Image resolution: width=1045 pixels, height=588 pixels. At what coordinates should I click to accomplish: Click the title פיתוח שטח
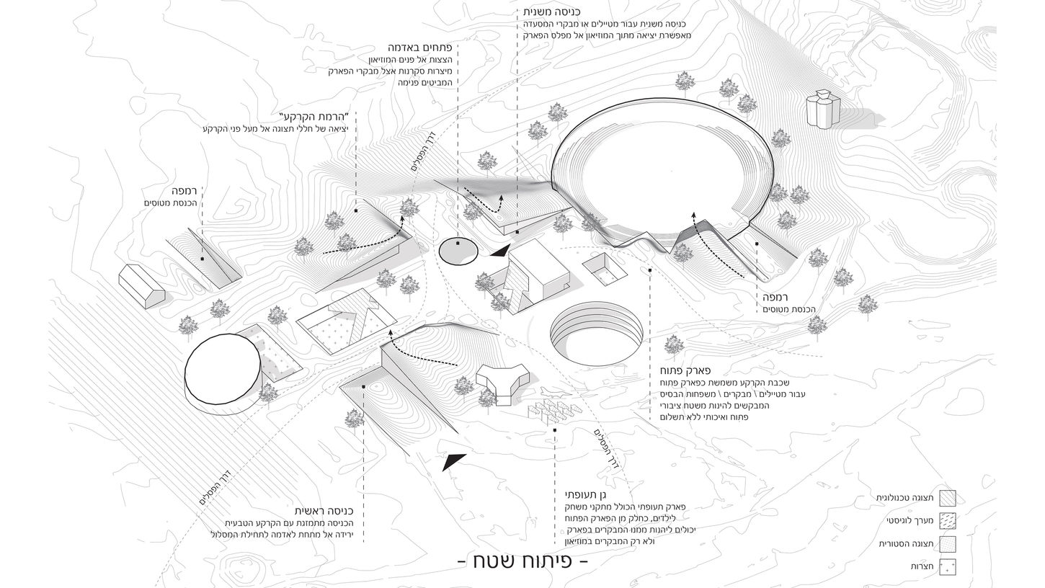tap(523, 561)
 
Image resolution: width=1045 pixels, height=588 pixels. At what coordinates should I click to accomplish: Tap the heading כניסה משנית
tap(553, 12)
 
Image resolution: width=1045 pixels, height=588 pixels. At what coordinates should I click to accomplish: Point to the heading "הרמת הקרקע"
tap(313, 117)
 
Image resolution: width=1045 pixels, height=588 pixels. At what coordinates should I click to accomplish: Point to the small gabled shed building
tap(142, 286)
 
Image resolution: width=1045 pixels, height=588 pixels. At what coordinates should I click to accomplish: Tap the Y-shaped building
tap(502, 380)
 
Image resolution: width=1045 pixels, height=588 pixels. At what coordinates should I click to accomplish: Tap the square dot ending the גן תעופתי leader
tap(555, 430)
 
